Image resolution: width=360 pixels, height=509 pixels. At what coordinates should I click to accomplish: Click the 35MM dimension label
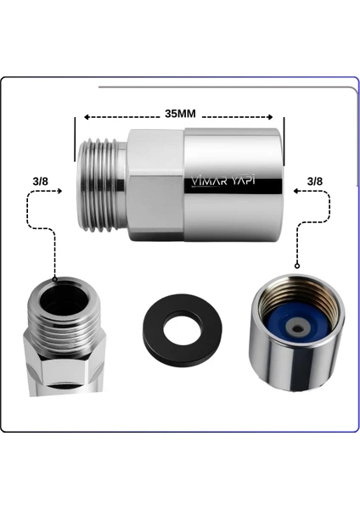point(180,114)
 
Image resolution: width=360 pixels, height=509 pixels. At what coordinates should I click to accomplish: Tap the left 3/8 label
point(40,182)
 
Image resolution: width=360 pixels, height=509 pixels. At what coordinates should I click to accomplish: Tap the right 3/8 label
point(315,182)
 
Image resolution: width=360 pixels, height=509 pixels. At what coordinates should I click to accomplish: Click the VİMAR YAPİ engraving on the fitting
point(222,182)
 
